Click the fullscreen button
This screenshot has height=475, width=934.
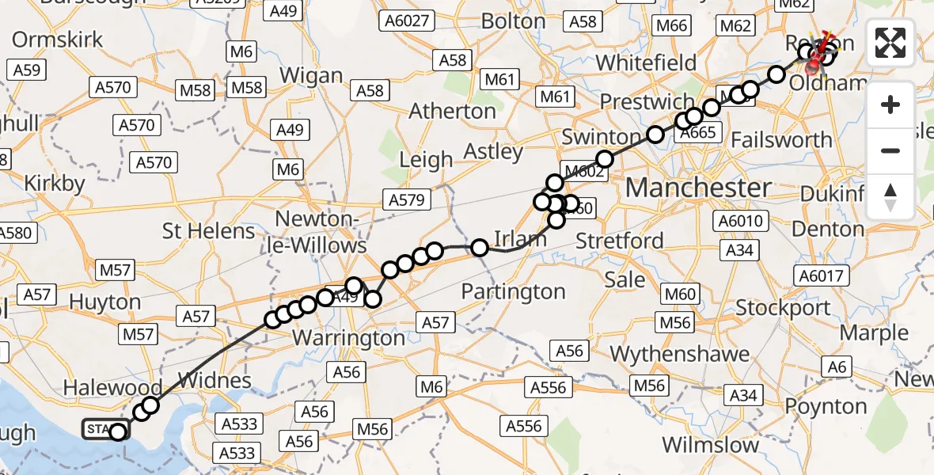pyautogui.click(x=890, y=43)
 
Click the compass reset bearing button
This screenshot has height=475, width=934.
pyautogui.click(x=890, y=196)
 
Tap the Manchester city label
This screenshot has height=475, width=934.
pyautogui.click(x=698, y=188)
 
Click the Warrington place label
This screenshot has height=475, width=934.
pyautogui.click(x=348, y=338)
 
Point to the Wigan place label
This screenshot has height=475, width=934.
pyautogui.click(x=311, y=77)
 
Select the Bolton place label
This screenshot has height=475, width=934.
pyautogui.click(x=514, y=21)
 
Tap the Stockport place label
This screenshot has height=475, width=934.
pyautogui.click(x=783, y=307)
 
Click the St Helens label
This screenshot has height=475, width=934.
pyautogui.click(x=208, y=231)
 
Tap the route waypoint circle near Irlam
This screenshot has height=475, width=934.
pyautogui.click(x=479, y=248)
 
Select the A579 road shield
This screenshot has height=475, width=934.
pyautogui.click(x=408, y=200)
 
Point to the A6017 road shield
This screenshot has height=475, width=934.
pyautogui.click(x=822, y=275)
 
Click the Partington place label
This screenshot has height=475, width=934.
pyautogui.click(x=514, y=292)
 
